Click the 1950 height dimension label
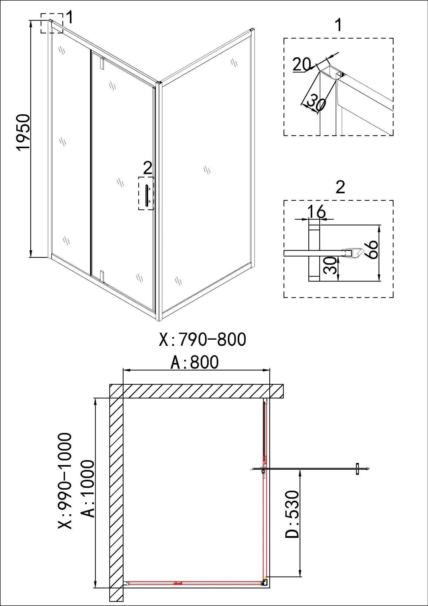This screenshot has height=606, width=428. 23,132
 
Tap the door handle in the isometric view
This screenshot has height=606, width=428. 148,196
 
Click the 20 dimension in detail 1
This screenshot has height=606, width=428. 302,64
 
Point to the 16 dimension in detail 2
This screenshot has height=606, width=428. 317,211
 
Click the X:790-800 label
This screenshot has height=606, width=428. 202,340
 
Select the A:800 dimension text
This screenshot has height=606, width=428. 194,362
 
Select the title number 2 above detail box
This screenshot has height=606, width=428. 340,187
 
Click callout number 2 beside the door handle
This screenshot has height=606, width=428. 148,168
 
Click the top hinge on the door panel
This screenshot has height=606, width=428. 102,62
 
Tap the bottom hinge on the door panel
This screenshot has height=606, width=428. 102,276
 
